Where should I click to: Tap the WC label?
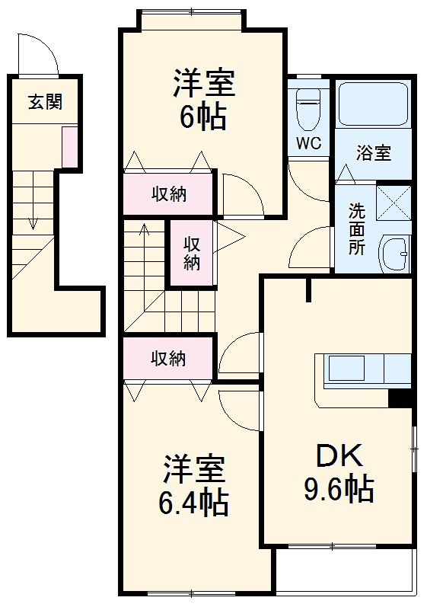[309, 142]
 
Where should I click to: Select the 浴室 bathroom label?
[373, 152]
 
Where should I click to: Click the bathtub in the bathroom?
[373, 105]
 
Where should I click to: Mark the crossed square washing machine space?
[394, 202]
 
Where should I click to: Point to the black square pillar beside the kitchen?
[400, 398]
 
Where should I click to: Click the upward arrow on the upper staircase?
[145, 230]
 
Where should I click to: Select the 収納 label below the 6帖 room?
[167, 194]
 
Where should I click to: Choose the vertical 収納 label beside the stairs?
[192, 254]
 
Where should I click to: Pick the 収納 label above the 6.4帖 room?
[167, 359]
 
